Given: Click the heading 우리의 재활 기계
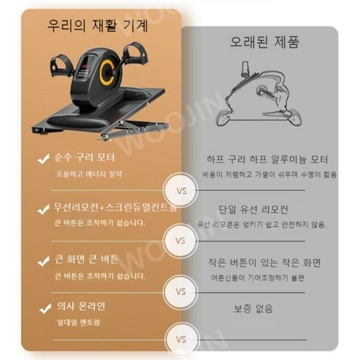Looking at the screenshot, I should pyautogui.click(x=97, y=26).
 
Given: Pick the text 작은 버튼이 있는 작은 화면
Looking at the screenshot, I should pyautogui.click(x=266, y=262).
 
